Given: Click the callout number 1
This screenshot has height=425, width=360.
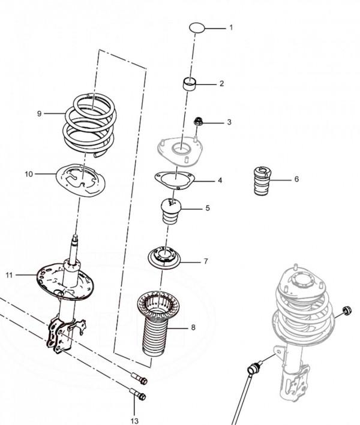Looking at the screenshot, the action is tap(231, 28).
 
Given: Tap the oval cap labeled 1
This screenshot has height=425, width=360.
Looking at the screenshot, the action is tap(197, 28).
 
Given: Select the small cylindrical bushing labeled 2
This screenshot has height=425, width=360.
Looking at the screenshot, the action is tap(189, 83).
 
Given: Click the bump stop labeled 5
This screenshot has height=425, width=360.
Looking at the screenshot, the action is tap(171, 212).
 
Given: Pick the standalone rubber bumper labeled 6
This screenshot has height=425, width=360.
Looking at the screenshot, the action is tap(263, 180).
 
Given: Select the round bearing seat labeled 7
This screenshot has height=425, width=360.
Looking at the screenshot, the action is tap(164, 258).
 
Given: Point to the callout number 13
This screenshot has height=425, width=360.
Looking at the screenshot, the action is tap(134, 421).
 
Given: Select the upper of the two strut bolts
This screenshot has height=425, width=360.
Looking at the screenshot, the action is tap(139, 378).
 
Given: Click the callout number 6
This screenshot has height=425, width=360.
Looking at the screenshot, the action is tap(296, 179).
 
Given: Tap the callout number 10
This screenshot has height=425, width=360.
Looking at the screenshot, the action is tap(29, 174).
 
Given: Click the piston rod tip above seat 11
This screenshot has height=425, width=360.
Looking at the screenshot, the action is tap(74, 239).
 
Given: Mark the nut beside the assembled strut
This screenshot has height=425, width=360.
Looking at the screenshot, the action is tap(347, 311).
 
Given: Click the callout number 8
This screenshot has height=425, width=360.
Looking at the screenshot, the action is tap(193, 327).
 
